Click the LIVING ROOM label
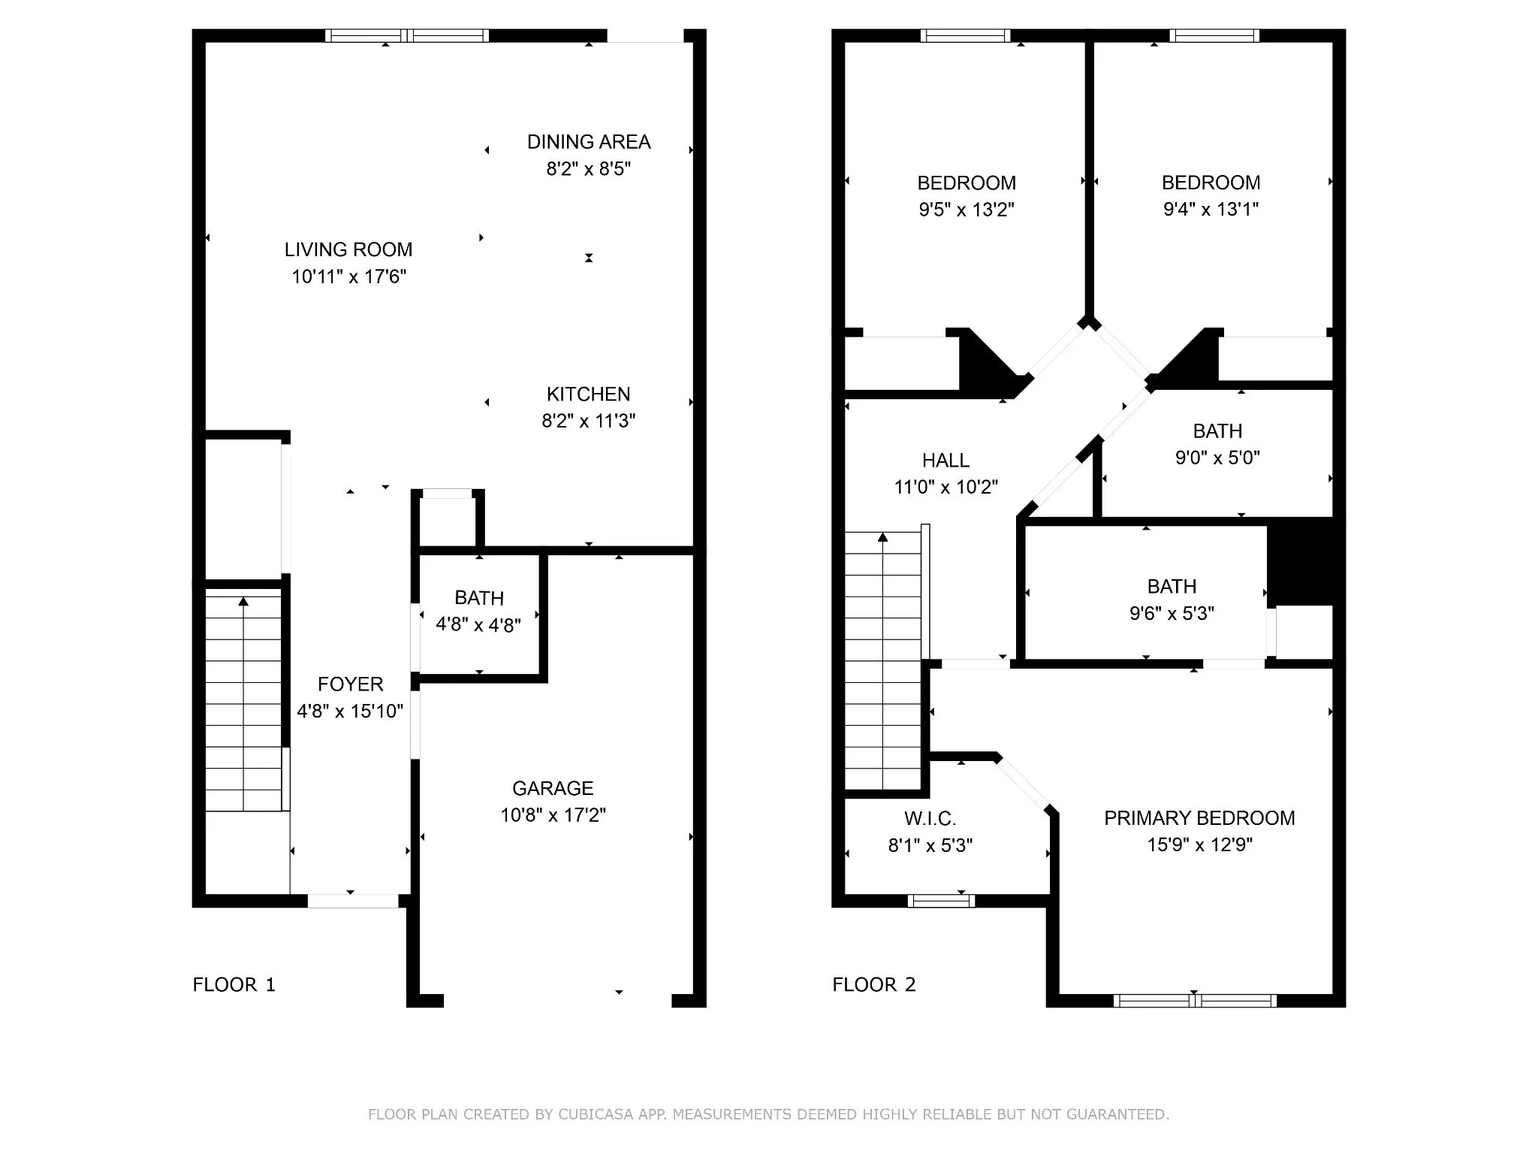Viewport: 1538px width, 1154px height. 348,249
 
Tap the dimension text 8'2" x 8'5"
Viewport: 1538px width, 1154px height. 589,169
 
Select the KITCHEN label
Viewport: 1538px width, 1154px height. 589,394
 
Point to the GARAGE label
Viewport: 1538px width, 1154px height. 553,788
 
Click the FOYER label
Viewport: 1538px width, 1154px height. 351,684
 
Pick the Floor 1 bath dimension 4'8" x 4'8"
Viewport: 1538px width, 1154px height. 478,624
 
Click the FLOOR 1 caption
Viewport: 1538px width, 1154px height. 234,985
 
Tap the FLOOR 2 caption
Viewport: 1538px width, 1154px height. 874,985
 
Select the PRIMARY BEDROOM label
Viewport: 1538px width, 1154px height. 1199,818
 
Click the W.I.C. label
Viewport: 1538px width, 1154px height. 930,818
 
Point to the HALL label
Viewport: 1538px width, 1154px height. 946,460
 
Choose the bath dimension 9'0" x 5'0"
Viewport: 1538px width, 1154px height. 1217,458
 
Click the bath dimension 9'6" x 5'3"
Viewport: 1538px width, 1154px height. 1172,614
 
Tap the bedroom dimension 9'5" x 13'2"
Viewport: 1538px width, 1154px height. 967,210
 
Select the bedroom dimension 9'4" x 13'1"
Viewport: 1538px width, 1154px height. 1211,210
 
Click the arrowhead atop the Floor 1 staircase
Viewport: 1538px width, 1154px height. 243,602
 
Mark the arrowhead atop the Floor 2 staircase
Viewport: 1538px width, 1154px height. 883,537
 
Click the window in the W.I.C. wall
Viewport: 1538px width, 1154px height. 941,901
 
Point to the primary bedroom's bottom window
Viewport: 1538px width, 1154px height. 1194,1001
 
